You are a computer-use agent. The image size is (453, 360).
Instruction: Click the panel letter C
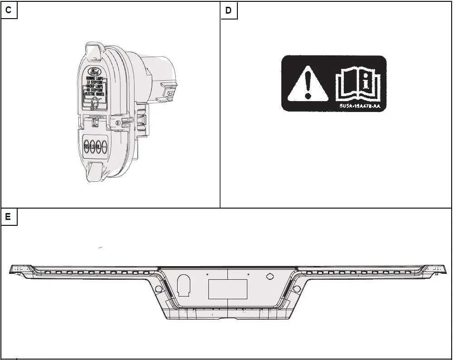[9, 10]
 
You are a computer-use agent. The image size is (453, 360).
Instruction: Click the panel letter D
[228, 10]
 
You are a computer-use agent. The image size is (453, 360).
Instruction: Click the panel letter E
[9, 217]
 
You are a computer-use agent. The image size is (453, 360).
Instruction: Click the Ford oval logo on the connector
[96, 72]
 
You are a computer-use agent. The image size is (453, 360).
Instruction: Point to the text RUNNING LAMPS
[96, 78]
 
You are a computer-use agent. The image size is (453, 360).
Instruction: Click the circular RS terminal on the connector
[87, 146]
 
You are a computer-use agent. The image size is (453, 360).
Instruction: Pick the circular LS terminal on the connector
[92, 146]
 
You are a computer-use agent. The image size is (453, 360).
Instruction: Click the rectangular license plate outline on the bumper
[227, 289]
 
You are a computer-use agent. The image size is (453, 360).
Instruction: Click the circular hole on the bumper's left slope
[159, 289]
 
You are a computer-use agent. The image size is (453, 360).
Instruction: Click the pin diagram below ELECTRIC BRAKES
[95, 102]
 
